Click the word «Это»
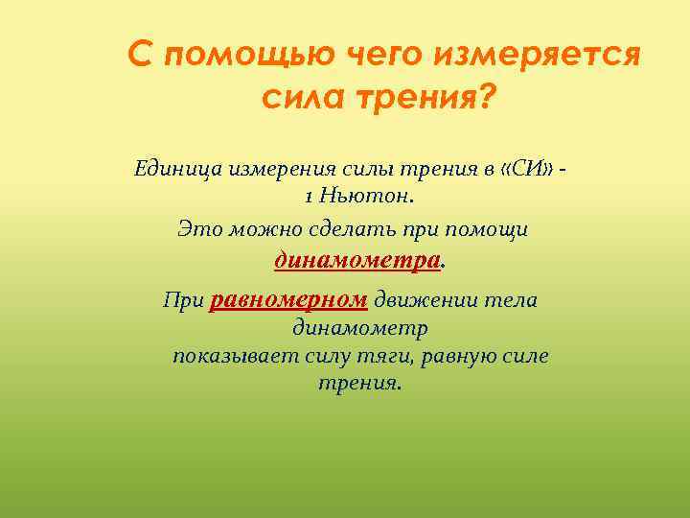pyautogui.click(x=197, y=229)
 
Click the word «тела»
pyautogui.click(x=514, y=300)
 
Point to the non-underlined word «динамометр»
pyautogui.click(x=360, y=328)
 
